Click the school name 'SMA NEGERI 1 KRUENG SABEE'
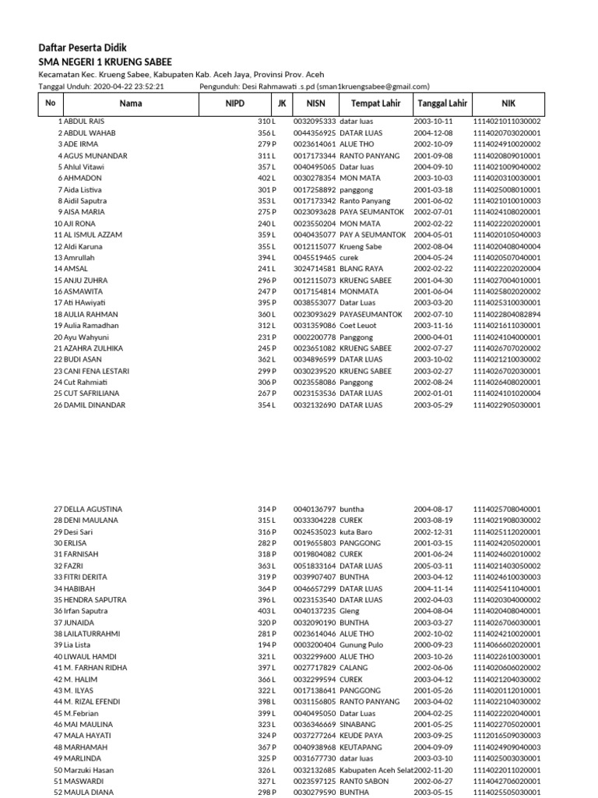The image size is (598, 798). pos(105,62)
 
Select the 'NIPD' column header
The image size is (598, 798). pos(235,103)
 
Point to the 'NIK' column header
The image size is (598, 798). pos(508,103)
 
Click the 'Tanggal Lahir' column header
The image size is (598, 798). pos(442,103)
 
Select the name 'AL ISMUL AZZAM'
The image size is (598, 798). pos(93,235)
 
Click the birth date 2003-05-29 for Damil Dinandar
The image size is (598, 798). pos(433,405)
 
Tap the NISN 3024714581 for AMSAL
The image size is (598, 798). pos(315,269)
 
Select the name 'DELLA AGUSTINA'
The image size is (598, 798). pos(91,509)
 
